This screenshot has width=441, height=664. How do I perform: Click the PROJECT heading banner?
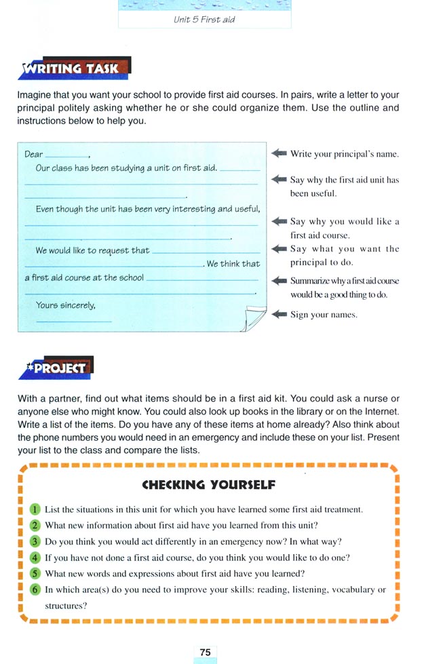58,368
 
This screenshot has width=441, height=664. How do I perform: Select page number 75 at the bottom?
204,652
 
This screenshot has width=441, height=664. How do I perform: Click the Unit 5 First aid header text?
204,20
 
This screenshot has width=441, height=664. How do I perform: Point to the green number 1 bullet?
36,509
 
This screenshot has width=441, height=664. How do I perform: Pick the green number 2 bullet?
36,525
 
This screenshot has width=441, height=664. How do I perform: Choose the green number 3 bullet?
36,541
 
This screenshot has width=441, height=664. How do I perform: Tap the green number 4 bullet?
36,558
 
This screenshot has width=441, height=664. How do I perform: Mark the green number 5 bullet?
36,574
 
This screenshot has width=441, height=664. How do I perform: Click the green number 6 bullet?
36,589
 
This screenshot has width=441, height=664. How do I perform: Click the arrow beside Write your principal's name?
279,153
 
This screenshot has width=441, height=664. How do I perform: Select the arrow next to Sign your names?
279,315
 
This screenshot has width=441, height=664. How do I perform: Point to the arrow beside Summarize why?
279,281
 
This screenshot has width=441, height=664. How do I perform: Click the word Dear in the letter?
33,154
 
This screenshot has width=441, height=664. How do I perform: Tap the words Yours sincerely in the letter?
65,305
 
